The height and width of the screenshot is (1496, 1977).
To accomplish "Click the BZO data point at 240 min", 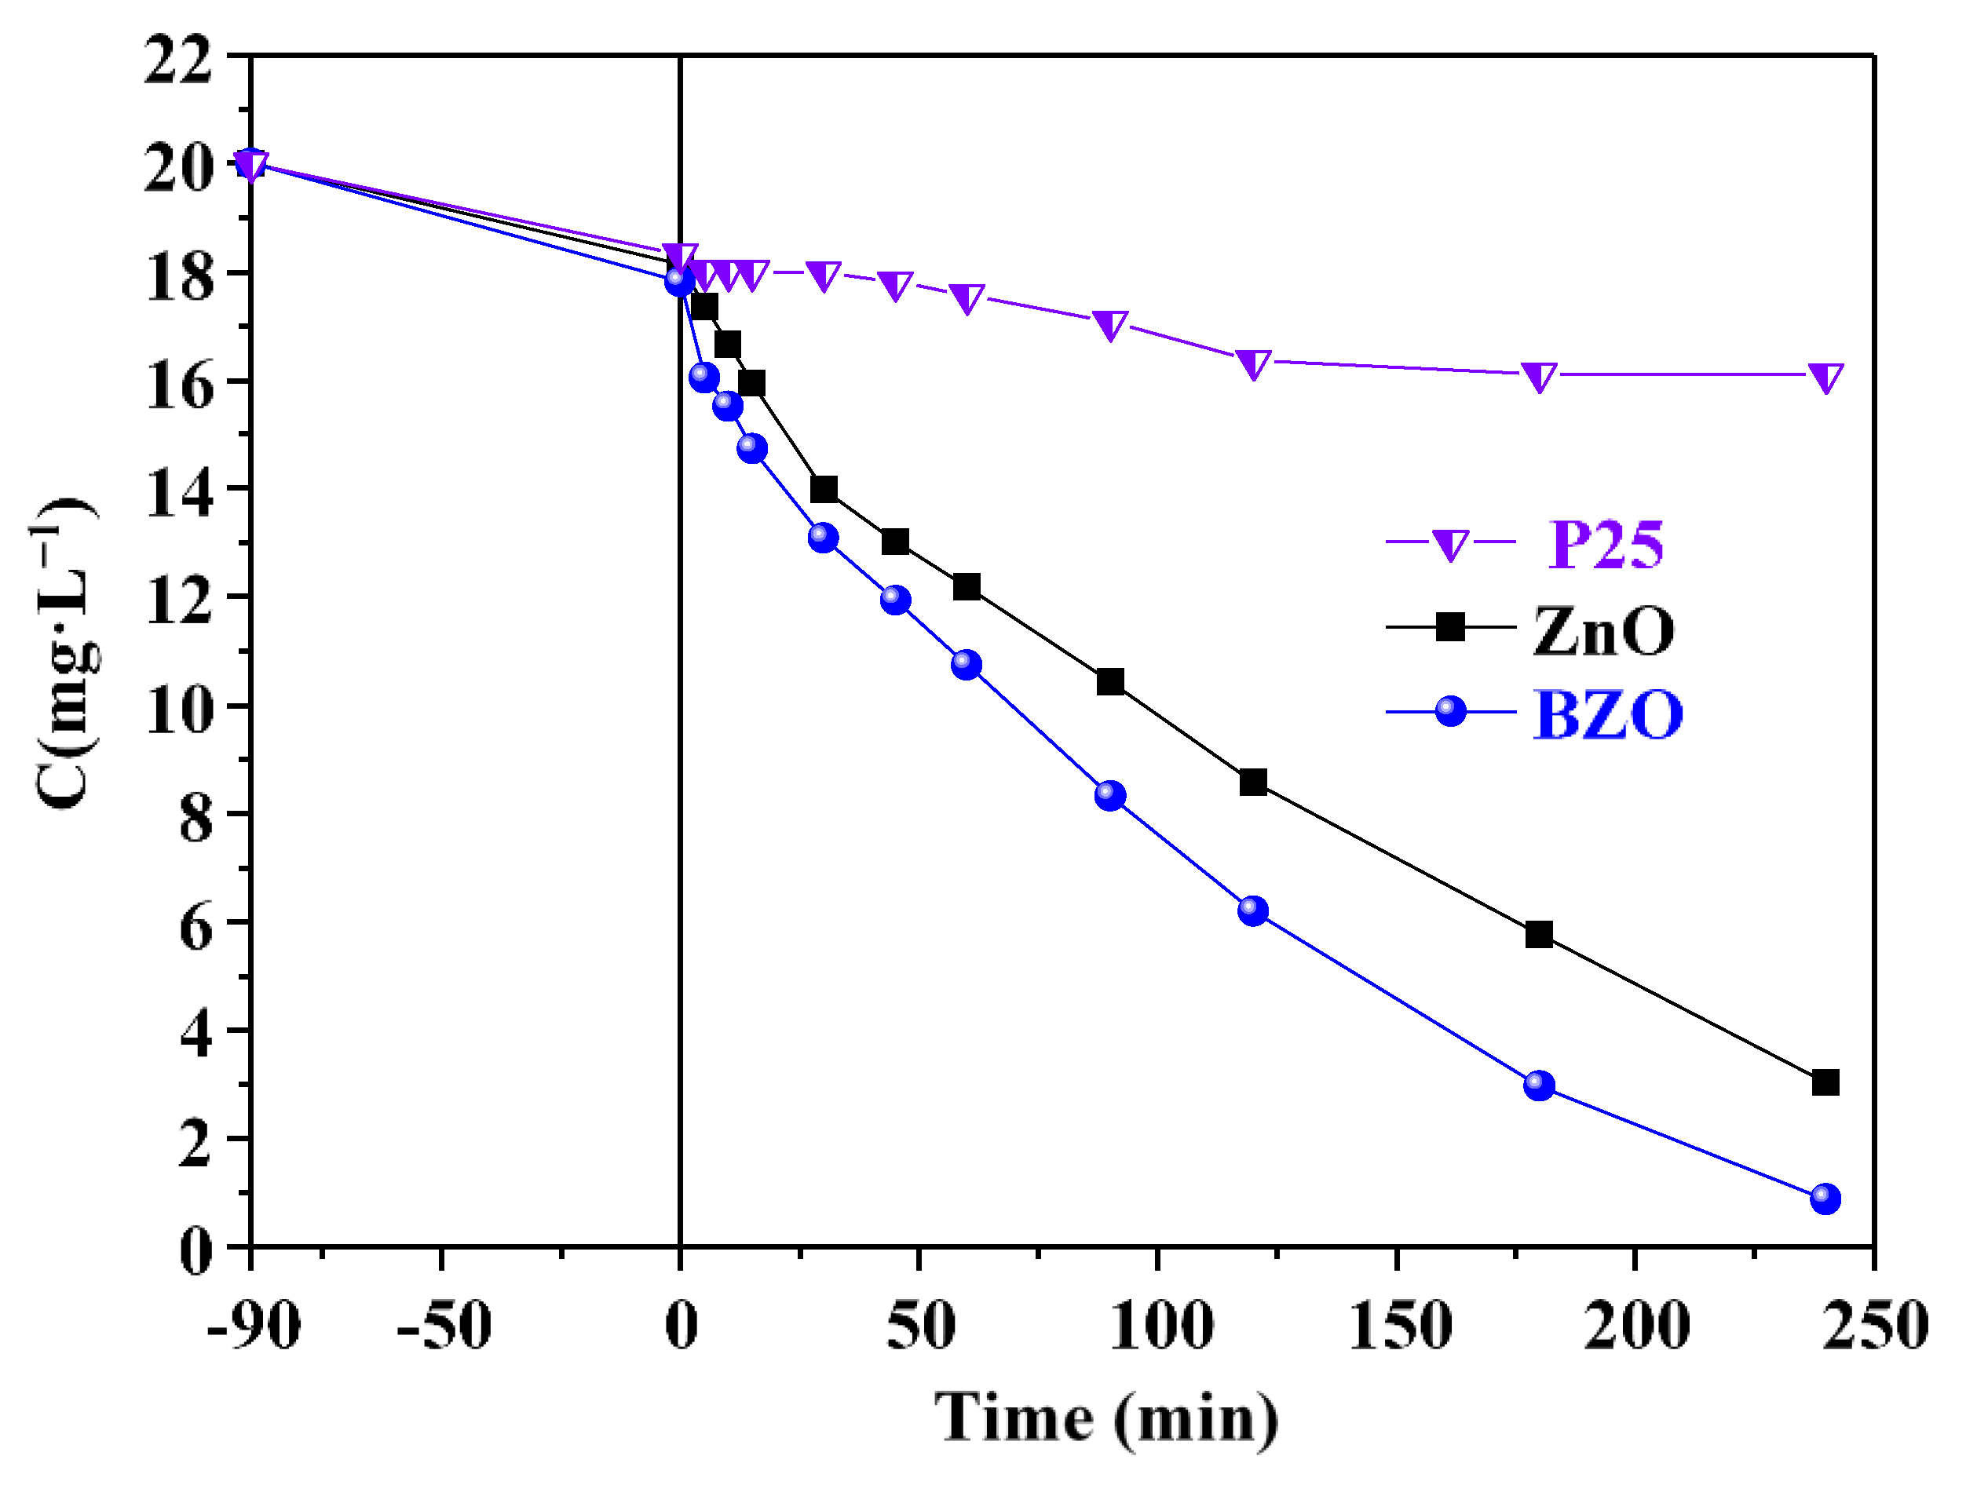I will (1825, 1199).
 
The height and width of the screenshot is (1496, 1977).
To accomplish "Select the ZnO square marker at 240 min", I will (1825, 1082).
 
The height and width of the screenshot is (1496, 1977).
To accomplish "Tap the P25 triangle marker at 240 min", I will (1825, 377).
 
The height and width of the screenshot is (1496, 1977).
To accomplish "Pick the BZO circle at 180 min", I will (1539, 1086).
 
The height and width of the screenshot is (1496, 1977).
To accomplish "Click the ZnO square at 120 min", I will (1253, 782).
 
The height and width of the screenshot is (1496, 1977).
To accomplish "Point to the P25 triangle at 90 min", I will (1110, 325).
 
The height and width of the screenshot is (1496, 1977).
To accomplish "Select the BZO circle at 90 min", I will (1110, 794).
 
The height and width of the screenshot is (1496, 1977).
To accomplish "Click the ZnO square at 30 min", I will (823, 489).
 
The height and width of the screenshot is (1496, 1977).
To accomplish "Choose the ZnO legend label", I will (1603, 632).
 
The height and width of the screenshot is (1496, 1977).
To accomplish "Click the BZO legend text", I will (1607, 715).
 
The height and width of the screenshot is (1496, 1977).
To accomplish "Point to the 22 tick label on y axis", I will (178, 60).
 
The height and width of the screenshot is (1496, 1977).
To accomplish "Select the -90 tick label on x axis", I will (253, 1326).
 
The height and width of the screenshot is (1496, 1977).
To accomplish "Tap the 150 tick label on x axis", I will (1398, 1326).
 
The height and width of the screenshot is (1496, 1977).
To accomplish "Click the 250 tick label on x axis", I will (1874, 1326).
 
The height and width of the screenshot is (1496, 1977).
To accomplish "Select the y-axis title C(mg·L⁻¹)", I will (67, 652).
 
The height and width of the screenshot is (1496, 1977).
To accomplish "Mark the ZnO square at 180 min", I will (1539, 935).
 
